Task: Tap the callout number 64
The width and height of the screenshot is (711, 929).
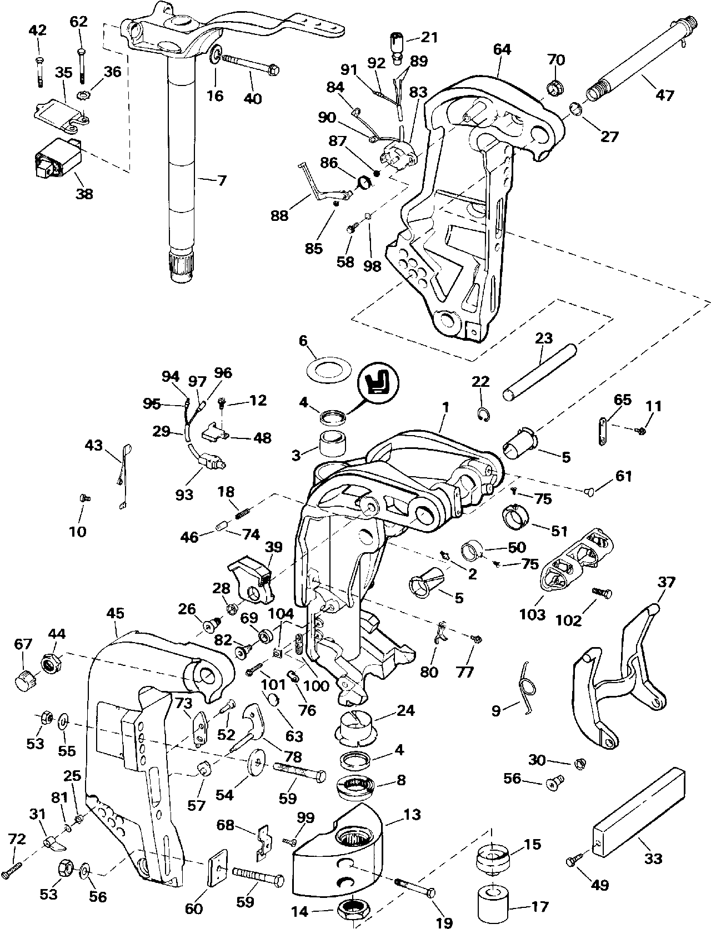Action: coord(502,50)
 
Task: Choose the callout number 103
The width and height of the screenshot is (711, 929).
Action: coord(532,614)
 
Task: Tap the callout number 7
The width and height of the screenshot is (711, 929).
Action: coord(221,180)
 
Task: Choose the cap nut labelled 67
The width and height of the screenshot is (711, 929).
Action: coord(23,681)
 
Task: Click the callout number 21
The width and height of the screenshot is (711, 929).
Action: coord(429,38)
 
